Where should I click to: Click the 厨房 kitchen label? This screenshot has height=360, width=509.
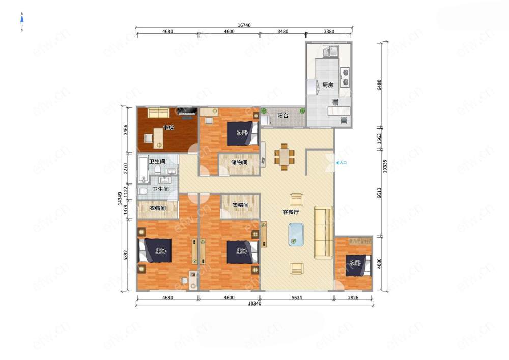click(x=327, y=85)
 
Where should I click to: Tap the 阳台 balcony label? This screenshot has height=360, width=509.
click(x=282, y=115)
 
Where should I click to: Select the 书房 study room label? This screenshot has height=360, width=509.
click(x=168, y=128)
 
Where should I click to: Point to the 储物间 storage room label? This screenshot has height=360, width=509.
click(x=239, y=162)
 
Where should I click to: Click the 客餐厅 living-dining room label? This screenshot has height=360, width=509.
click(x=291, y=212)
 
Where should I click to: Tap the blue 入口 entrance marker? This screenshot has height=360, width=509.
click(x=341, y=163)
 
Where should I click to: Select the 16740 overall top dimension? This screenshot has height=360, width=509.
click(x=244, y=25)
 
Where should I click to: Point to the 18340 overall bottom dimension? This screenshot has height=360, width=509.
click(x=254, y=303)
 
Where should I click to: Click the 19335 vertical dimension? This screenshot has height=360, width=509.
click(x=385, y=166)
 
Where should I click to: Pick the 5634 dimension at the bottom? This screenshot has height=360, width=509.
click(x=297, y=297)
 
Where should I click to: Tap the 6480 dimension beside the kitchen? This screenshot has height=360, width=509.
click(x=379, y=85)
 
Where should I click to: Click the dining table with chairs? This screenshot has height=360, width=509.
click(x=285, y=157)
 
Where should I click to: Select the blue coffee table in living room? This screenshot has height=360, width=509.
click(x=296, y=234)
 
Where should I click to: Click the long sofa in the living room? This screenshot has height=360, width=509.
click(x=324, y=232)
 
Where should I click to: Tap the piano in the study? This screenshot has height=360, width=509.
click(x=187, y=112)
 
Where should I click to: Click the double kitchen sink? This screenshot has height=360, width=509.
click(x=330, y=51)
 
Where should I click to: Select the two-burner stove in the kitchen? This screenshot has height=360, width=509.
click(x=345, y=77)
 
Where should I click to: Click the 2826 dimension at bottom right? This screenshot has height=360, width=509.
click(x=353, y=297)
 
